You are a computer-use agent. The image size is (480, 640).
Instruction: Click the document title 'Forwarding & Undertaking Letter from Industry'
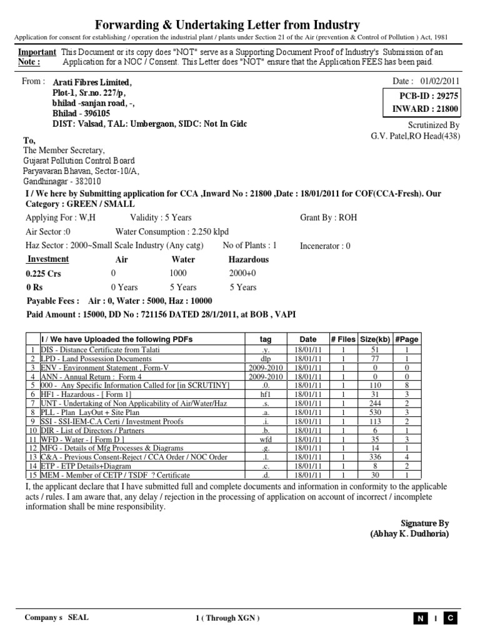227,25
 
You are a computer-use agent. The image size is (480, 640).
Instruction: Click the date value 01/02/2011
441,81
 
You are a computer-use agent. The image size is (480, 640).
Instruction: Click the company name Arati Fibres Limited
92,82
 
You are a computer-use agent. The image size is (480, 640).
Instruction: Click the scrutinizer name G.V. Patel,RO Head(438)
415,136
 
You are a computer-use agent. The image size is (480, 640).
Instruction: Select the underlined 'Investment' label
47,259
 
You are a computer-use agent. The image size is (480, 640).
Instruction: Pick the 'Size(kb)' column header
375,339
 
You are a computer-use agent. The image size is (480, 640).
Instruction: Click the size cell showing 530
375,413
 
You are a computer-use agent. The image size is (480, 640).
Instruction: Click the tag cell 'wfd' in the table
266,439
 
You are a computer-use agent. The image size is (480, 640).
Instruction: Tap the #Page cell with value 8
406,386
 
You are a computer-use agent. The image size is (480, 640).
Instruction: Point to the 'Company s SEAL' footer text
56,617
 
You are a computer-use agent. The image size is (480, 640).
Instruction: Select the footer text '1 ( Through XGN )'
227,618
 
